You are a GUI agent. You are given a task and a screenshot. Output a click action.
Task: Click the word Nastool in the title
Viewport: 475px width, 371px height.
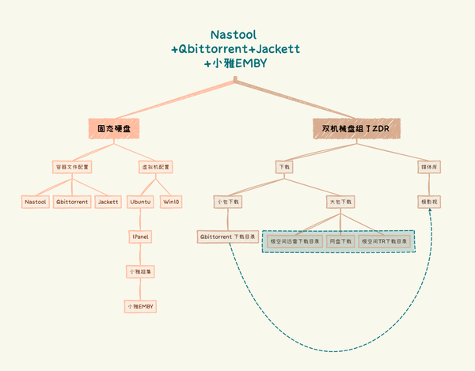point(235,35)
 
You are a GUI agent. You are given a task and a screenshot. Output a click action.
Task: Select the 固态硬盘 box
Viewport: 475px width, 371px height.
point(114,128)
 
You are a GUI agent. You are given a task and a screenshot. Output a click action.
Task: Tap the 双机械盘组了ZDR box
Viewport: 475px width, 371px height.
point(356,128)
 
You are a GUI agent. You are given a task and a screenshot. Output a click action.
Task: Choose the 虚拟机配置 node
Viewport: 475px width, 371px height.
point(156,168)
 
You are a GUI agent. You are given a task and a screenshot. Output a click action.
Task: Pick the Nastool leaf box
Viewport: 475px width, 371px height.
point(36,202)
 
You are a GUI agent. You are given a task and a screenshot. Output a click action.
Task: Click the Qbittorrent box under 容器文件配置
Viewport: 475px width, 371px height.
point(72,202)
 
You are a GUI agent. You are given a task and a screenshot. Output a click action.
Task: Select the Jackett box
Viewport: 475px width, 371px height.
point(108,202)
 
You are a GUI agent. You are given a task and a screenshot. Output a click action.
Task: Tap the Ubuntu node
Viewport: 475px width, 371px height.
point(141,202)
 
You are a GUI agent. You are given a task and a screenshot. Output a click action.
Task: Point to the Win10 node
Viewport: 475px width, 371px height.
point(171,202)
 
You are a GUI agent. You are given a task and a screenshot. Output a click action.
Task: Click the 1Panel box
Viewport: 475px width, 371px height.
point(141,237)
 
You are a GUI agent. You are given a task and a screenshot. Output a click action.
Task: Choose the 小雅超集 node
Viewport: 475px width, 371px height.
point(141,271)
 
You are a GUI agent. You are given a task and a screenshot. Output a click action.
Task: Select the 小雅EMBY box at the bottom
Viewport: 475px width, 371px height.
point(141,305)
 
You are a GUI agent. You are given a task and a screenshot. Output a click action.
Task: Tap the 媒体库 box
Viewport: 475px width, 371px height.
point(428,168)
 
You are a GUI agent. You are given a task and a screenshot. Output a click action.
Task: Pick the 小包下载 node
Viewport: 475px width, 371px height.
point(228,202)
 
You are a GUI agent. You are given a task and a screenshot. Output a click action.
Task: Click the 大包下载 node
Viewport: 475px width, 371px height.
point(340,202)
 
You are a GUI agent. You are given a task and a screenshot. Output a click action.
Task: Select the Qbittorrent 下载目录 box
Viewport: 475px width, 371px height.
point(228,237)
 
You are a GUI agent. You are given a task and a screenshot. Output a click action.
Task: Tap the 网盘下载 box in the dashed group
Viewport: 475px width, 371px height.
point(340,240)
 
